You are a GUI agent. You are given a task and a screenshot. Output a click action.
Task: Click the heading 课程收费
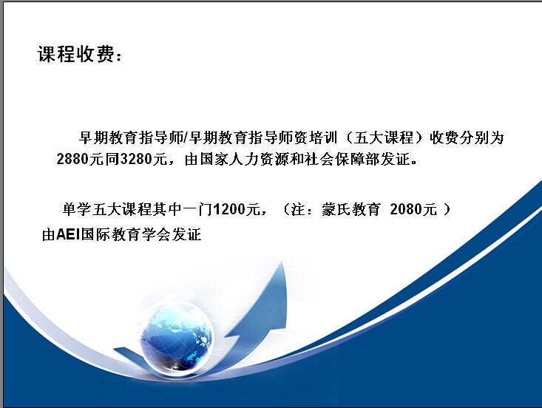[75, 54]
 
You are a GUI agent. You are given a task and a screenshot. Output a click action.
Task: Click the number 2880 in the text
[72, 159]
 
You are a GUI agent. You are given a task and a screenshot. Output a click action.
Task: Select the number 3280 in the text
[136, 159]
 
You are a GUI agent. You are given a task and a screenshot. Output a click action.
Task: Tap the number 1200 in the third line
[230, 209]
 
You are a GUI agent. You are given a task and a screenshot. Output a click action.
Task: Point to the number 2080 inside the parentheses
[406, 209]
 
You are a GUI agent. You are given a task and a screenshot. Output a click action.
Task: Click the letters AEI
[68, 235]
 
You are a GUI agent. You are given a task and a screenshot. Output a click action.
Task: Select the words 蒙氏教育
[350, 209]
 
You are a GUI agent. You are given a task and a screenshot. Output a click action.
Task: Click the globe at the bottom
[177, 337]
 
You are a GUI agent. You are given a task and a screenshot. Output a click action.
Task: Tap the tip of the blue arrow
[282, 262]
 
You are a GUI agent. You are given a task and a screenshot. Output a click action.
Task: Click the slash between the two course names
[186, 137]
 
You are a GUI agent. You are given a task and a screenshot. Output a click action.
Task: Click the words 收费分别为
[467, 137]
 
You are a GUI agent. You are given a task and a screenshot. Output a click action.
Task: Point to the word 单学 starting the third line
[77, 209]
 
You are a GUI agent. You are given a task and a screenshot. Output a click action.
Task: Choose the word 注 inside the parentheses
[298, 209]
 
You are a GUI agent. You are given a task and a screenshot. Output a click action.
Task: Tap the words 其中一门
[183, 209]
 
